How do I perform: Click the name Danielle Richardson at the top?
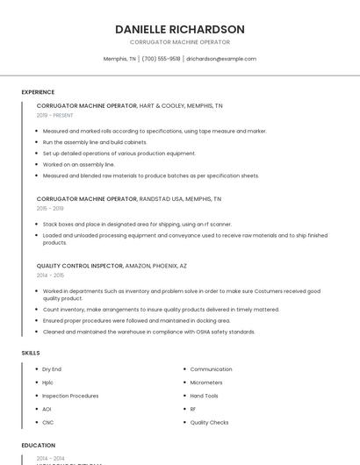coord(180,30)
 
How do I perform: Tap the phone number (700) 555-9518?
coord(161,59)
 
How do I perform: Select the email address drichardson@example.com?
coord(221,59)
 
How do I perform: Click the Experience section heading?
coord(38,92)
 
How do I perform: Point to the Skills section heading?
coord(31,353)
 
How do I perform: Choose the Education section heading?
coord(39,446)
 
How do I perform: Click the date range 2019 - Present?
coord(55,116)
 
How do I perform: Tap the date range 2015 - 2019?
coord(50,209)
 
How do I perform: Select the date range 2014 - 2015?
coord(50,275)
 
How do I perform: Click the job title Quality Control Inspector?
coord(80,266)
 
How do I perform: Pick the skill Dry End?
coord(52,369)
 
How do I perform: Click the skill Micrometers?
coord(206,383)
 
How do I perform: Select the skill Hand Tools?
coord(205,396)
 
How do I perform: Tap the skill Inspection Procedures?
coord(70,396)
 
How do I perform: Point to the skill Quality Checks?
coord(209,422)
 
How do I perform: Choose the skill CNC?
coord(47,422)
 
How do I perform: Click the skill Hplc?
coord(47,383)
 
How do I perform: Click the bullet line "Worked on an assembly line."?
coord(78,164)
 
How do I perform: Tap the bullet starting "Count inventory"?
coord(161,310)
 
